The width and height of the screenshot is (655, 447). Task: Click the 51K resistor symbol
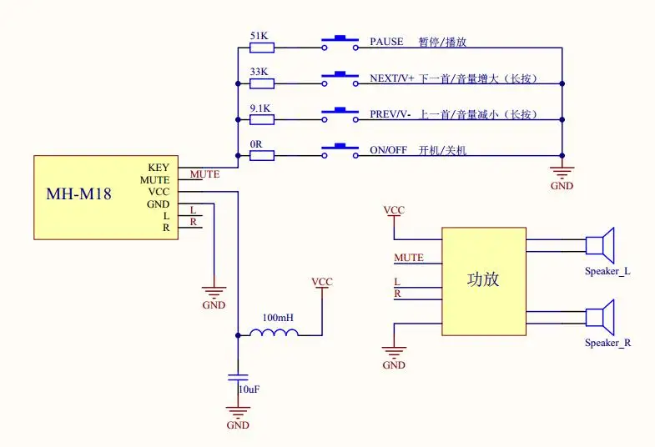pyautogui.click(x=262, y=48)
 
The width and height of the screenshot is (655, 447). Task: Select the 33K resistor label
pyautogui.click(x=259, y=72)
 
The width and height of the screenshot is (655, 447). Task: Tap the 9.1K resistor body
pyautogui.click(x=262, y=120)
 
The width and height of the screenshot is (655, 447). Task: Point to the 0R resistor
pyautogui.click(x=262, y=156)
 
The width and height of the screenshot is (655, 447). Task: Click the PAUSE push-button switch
pyautogui.click(x=340, y=43)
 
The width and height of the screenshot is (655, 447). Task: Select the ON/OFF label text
pyautogui.click(x=389, y=150)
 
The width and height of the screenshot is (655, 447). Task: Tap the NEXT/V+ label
pyautogui.click(x=392, y=78)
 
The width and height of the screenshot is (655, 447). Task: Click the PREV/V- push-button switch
pyautogui.click(x=340, y=115)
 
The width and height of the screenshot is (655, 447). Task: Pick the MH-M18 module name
pyautogui.click(x=79, y=193)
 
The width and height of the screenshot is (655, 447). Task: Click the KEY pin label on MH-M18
pyautogui.click(x=159, y=168)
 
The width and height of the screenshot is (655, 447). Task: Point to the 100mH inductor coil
pyautogui.click(x=274, y=332)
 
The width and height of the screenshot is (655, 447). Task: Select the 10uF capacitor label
pyautogui.click(x=249, y=389)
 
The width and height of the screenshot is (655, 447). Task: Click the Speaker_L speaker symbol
pyautogui.click(x=600, y=245)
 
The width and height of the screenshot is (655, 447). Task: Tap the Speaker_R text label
pyautogui.click(x=607, y=343)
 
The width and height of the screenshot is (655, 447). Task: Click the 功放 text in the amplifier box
pyautogui.click(x=483, y=279)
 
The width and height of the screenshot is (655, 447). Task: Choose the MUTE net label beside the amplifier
pyautogui.click(x=409, y=258)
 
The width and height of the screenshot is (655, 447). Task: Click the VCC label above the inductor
pyautogui.click(x=322, y=282)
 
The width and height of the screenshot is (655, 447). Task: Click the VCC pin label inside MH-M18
pyautogui.click(x=159, y=192)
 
